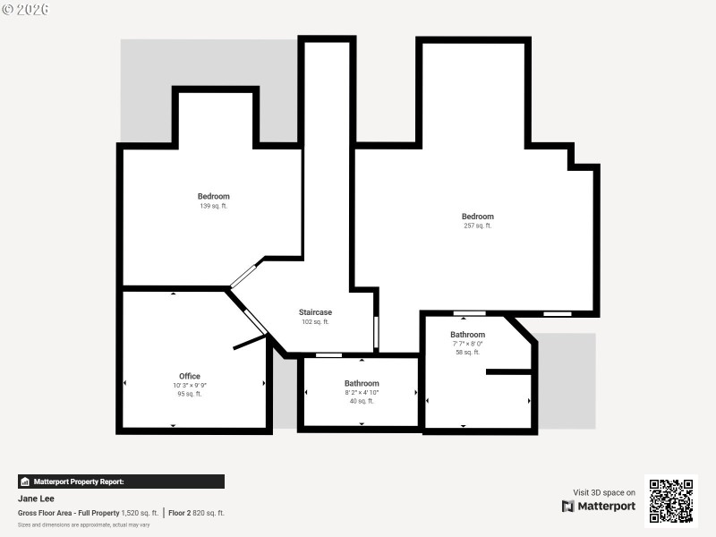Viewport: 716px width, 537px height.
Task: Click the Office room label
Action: point(189,376)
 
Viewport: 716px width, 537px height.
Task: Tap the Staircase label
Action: point(315,312)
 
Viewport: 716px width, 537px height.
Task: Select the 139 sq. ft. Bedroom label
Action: point(213,196)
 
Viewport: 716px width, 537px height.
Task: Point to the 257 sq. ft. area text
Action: point(477,226)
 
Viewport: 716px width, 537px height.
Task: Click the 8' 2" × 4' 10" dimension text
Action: point(362,392)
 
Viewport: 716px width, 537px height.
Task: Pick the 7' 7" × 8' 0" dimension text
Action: point(467,343)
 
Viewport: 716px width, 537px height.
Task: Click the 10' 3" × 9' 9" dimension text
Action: point(189,385)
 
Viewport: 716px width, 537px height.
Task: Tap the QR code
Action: point(670,501)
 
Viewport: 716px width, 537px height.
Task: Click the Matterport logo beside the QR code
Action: point(599,506)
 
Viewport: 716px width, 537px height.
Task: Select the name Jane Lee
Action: point(37,499)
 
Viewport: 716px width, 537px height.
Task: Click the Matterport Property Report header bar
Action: point(121,482)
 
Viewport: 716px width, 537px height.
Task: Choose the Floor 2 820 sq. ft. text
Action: point(197,513)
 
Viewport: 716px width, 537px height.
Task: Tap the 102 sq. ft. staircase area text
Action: point(315,322)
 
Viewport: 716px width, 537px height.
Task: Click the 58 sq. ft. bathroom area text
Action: point(467,352)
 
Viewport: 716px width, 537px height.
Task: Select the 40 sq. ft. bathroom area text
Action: point(362,401)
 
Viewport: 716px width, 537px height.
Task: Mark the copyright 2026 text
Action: point(25,9)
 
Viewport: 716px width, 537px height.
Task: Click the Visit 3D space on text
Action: point(604,492)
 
